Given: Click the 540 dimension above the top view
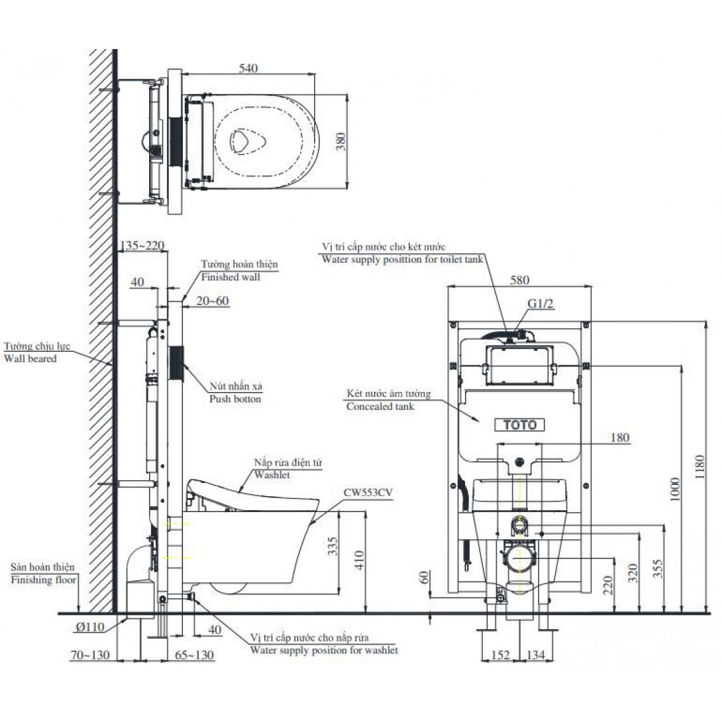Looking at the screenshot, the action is [248, 68].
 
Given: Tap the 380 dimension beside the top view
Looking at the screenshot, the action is [340, 141].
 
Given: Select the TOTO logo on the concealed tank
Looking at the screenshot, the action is [519, 425].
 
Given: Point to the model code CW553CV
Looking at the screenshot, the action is [368, 493].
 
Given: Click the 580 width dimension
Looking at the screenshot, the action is [519, 280].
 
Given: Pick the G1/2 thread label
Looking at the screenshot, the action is [541, 303].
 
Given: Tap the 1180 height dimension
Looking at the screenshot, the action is [700, 467].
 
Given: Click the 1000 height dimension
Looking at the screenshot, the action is [674, 490].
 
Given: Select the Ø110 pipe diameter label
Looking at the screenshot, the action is [91, 627].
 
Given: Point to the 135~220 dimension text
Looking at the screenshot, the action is [142, 246].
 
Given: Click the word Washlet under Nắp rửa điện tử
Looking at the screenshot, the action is [272, 475].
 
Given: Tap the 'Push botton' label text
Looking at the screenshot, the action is [235, 399].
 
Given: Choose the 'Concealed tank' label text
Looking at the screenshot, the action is [380, 407].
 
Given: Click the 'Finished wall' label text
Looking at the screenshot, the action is [231, 277].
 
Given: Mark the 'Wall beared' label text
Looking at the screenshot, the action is [30, 359].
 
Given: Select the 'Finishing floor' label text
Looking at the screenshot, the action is [44, 580].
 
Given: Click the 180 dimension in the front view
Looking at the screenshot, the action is [620, 437].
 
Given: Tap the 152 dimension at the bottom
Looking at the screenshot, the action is [501, 655].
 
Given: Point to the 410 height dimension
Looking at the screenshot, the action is [360, 560].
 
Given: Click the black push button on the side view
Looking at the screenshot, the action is [176, 362].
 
